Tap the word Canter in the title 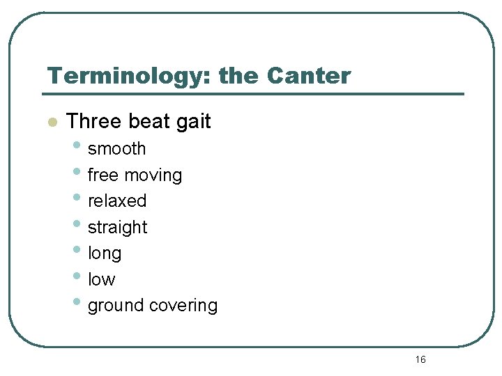click(309, 76)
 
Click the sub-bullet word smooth click(116, 148)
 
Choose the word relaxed click(117, 201)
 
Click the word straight click(117, 228)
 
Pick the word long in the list click(105, 254)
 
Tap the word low click(101, 279)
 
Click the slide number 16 click(420, 359)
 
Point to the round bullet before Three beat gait click(51, 123)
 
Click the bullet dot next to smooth click(75, 146)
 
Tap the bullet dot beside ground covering click(75, 303)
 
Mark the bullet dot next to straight click(75, 225)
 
